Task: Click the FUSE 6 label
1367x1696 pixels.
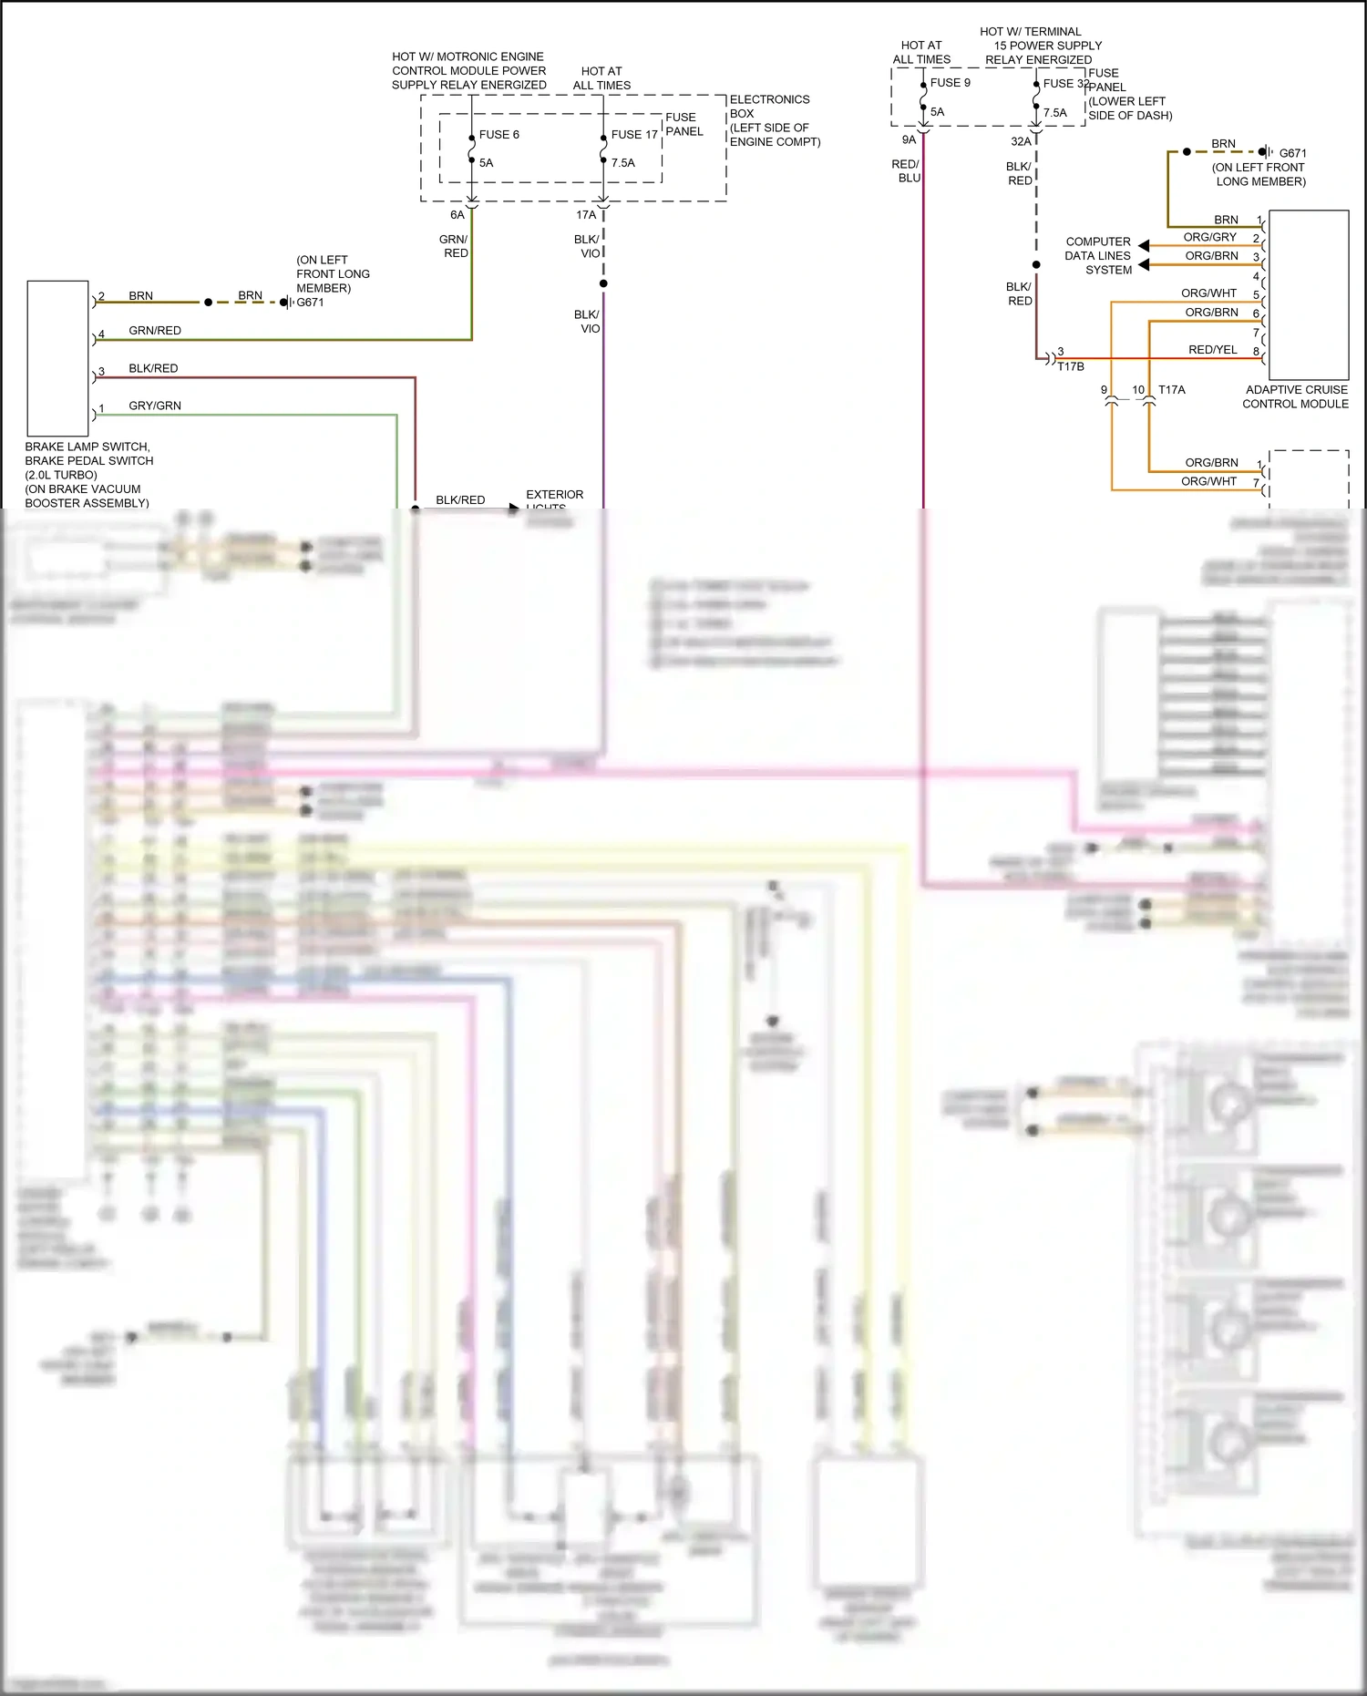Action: pos(498,135)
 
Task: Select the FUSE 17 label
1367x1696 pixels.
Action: pos(634,135)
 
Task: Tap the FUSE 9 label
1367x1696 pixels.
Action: pos(950,83)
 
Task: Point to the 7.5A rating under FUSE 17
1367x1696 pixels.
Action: pos(623,163)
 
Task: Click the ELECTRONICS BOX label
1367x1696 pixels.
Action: pos(769,107)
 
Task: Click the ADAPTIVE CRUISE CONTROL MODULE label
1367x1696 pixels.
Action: pos(1295,396)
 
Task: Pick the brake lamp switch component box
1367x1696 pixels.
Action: pos(57,358)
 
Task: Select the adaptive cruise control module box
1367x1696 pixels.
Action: pos(1308,294)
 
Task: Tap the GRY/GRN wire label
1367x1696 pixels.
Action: pos(155,406)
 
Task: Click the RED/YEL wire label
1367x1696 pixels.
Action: pos(1212,350)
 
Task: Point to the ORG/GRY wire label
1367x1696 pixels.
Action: pos(1209,237)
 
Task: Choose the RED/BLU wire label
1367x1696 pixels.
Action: pos(906,171)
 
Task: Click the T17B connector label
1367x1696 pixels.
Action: pos(1070,366)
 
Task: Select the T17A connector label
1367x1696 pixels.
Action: pos(1171,390)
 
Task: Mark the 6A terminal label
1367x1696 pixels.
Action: pos(457,215)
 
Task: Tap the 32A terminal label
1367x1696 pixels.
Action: pos(1021,141)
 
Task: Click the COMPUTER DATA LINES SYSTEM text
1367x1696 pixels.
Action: pos(1098,256)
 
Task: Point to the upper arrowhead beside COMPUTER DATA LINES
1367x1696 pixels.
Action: pos(1144,246)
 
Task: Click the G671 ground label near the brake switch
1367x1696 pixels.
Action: pos(310,303)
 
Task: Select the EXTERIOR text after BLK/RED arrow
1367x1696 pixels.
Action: pos(554,495)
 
